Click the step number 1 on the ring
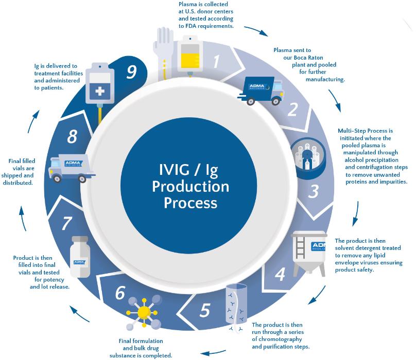[216, 62]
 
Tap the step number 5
[205, 311]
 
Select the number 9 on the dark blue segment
[131, 71]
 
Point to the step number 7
[66, 223]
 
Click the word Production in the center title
[190, 186]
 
